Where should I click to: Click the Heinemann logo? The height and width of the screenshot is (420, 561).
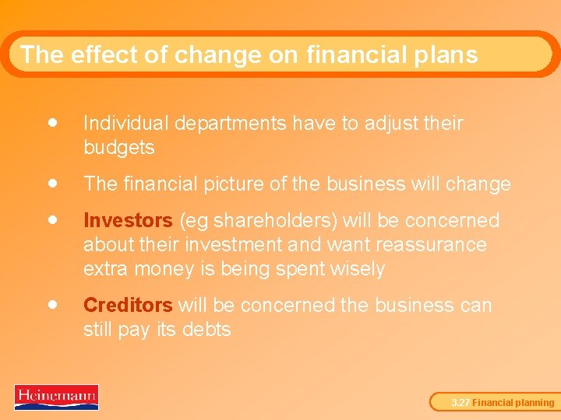point(56,397)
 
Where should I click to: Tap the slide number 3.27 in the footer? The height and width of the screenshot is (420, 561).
point(460,403)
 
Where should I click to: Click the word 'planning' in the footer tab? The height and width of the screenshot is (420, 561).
point(534,403)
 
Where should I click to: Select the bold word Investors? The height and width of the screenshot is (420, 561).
point(128,221)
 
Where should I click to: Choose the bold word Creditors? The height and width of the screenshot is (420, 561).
point(128,306)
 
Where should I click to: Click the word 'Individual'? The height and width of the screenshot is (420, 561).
point(125,124)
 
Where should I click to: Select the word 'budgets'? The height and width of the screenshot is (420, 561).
point(118,148)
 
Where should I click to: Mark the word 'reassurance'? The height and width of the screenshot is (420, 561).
point(430,245)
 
